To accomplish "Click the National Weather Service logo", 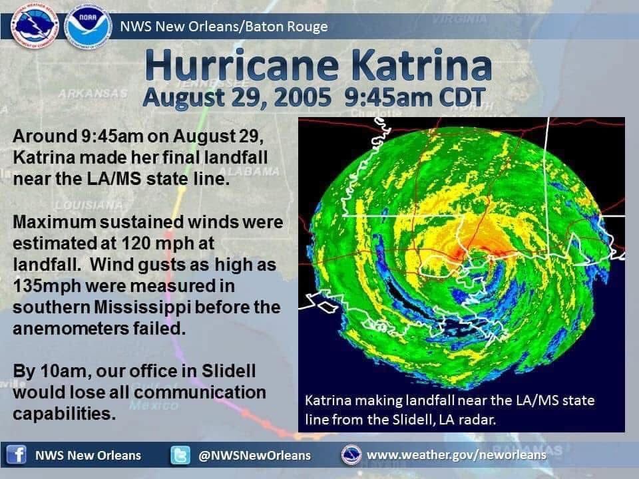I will click(x=35, y=27).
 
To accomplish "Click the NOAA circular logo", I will click(x=88, y=27).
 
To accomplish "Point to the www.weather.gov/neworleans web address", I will click(x=457, y=455).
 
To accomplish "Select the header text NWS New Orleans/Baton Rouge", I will click(x=224, y=27).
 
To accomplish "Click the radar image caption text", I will click(x=449, y=410).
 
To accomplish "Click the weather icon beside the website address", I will click(x=351, y=455).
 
